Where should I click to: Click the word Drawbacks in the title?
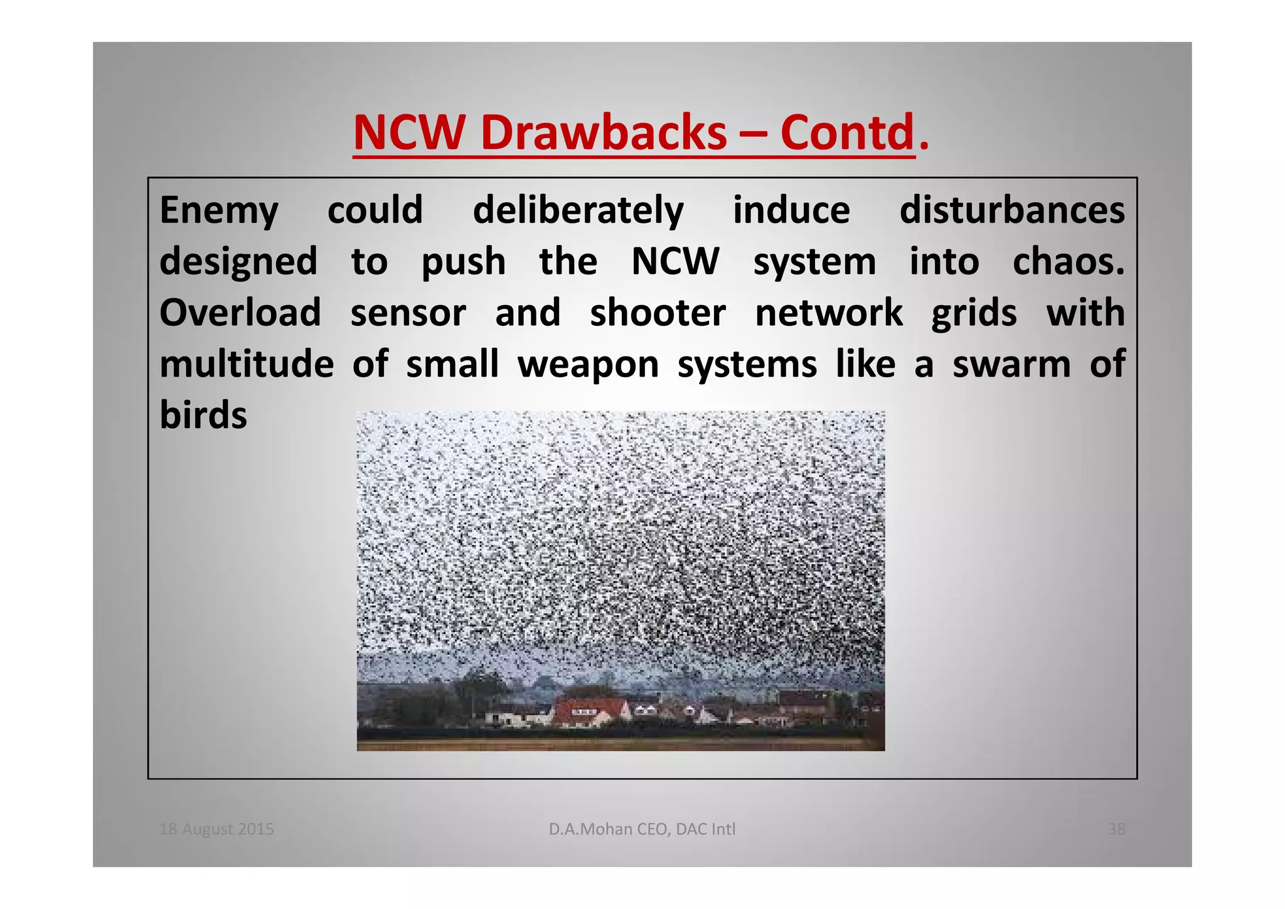click(x=604, y=133)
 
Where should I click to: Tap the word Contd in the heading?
click(x=846, y=133)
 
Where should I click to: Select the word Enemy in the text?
click(x=219, y=210)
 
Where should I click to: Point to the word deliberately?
click(x=578, y=210)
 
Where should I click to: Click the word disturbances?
click(x=1011, y=210)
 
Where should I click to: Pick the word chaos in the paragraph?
click(x=1068, y=261)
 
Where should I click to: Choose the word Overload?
click(x=240, y=313)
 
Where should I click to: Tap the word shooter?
click(x=658, y=313)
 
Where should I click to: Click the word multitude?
click(x=247, y=364)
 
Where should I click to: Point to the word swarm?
click(x=1011, y=364)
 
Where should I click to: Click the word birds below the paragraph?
click(x=203, y=415)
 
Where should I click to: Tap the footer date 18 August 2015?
click(x=216, y=829)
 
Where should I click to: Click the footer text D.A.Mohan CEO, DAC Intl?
click(x=642, y=829)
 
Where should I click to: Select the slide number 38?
click(x=1116, y=829)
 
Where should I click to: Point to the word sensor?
click(x=408, y=313)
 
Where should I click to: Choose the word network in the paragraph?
click(x=828, y=313)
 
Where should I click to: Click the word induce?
click(x=791, y=210)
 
